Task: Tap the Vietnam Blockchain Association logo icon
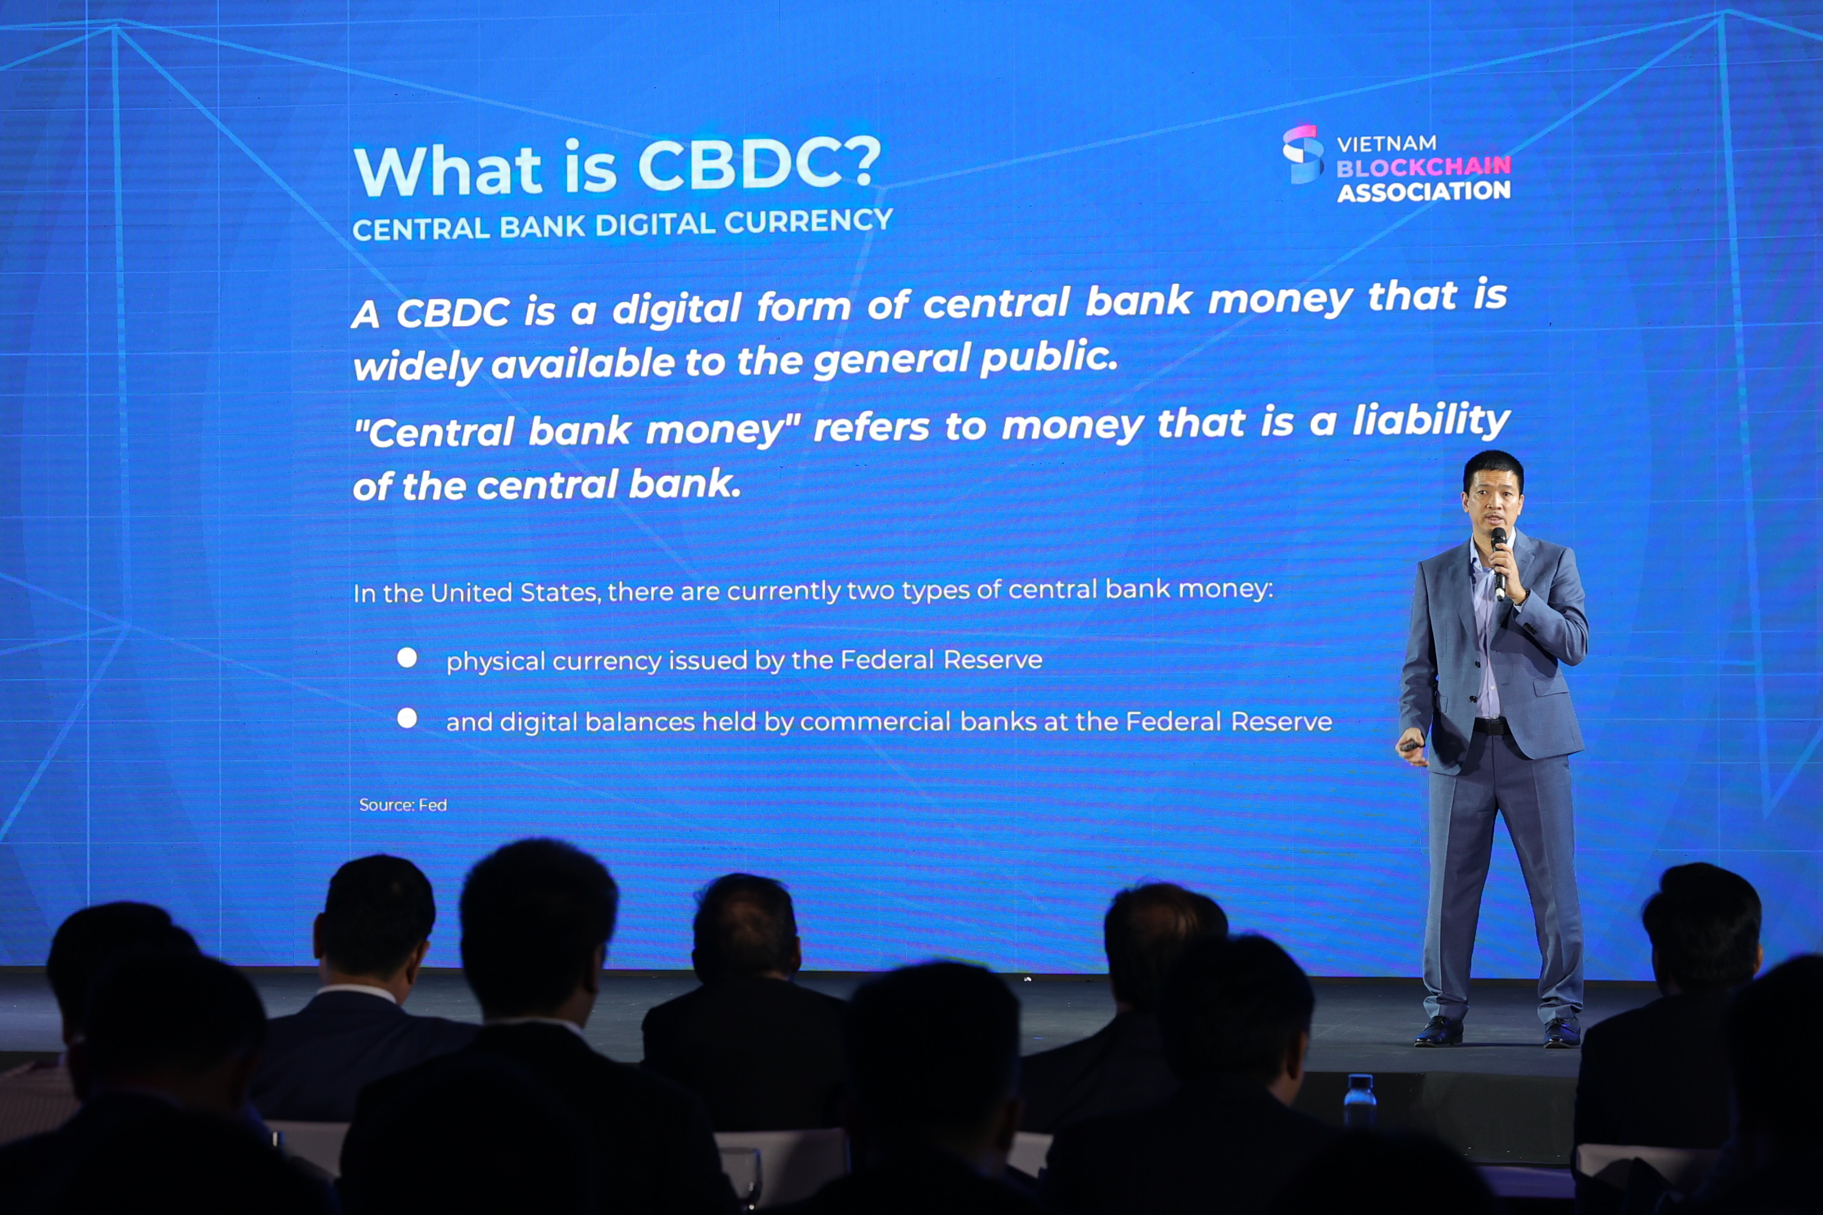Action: point(1303,153)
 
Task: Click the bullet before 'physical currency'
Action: point(407,658)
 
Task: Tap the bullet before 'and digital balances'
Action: point(407,718)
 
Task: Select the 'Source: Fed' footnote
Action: point(403,805)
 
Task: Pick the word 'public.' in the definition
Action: point(1048,358)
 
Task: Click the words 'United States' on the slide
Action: point(515,593)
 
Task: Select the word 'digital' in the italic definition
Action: point(677,309)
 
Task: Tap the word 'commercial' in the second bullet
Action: point(875,722)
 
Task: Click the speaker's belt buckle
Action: point(1490,727)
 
